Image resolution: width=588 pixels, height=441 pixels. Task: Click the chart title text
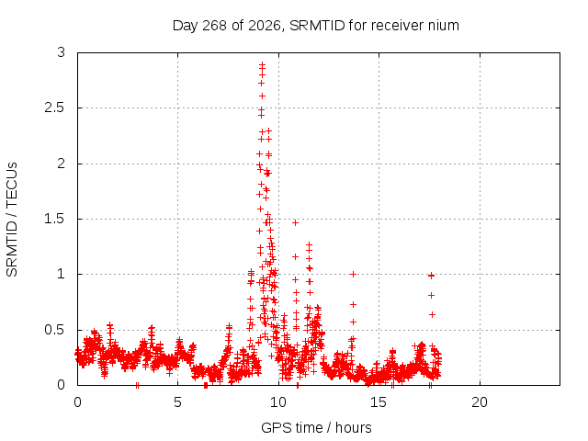(316, 26)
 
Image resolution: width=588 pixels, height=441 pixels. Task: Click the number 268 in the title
(214, 26)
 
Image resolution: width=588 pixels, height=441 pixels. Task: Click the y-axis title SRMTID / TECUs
(12, 220)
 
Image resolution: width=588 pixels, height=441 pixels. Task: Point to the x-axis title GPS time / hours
(316, 427)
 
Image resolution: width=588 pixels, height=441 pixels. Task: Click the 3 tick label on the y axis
(62, 52)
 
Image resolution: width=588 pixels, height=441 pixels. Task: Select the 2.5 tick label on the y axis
(55, 107)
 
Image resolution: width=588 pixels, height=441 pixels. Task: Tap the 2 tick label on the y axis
(62, 164)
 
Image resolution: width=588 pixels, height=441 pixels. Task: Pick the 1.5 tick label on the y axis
(55, 219)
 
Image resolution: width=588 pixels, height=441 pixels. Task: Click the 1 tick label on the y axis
(62, 274)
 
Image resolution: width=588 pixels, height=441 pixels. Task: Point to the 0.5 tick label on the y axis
(55, 330)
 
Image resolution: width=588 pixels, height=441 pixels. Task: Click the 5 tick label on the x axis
(177, 402)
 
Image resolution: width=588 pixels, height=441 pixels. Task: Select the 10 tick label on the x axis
(277, 402)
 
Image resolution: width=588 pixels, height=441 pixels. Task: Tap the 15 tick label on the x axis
(379, 402)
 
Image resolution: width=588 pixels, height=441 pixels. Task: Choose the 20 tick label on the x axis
(480, 402)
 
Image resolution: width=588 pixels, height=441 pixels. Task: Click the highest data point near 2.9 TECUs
(262, 64)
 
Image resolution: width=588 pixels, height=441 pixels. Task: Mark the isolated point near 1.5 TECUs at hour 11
(295, 222)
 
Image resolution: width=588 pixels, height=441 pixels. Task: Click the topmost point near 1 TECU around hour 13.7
(353, 274)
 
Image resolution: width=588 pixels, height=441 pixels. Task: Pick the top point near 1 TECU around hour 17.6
(431, 276)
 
